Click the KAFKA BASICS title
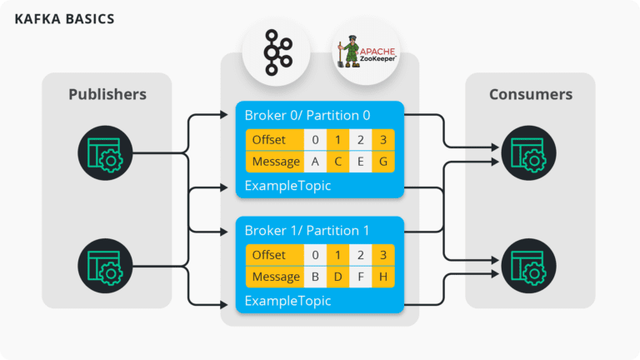[x=65, y=18]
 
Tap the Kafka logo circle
[x=275, y=54]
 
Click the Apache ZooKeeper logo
[x=365, y=54]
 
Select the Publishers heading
[x=107, y=94]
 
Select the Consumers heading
[x=531, y=94]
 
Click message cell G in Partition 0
[x=382, y=162]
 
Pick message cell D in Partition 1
[x=337, y=277]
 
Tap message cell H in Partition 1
[x=382, y=277]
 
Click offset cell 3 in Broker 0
[x=382, y=140]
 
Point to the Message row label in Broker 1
[x=274, y=277]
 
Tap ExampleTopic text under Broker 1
[x=287, y=300]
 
